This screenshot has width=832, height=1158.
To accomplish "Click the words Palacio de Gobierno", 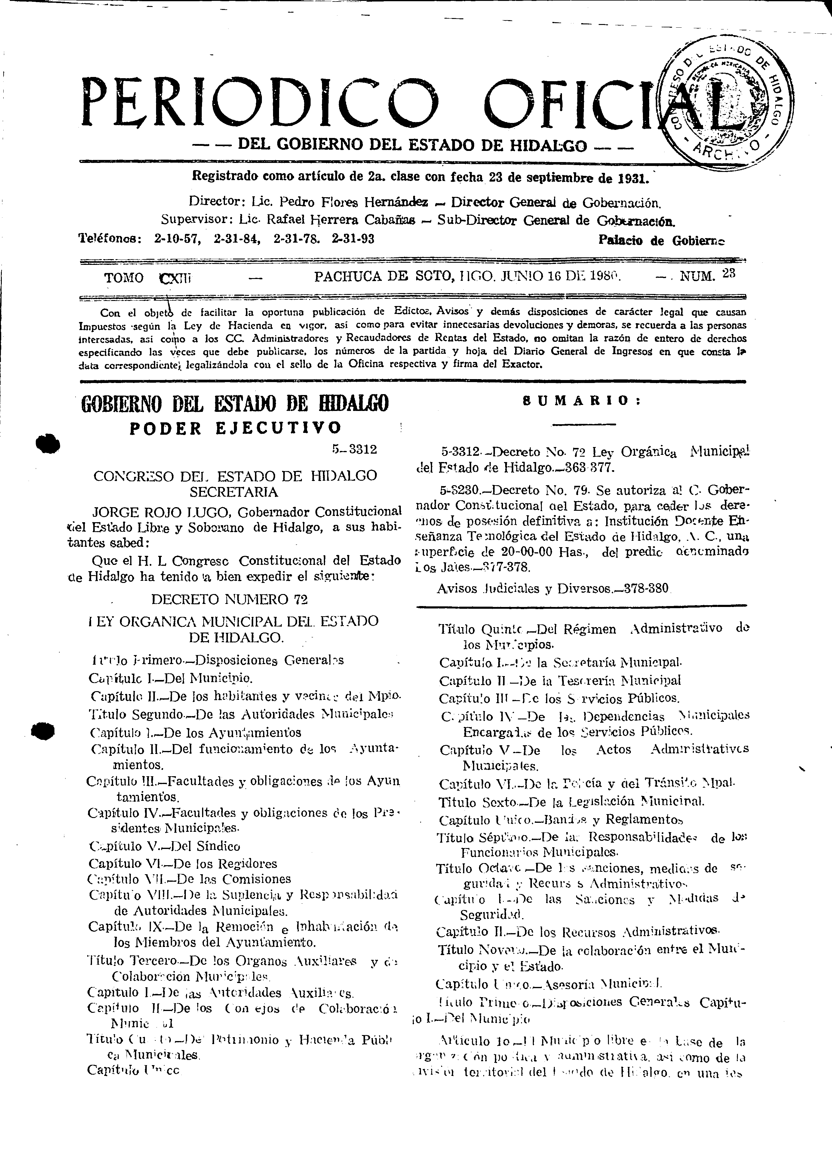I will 662,240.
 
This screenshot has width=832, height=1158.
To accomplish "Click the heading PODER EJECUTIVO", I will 235,428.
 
